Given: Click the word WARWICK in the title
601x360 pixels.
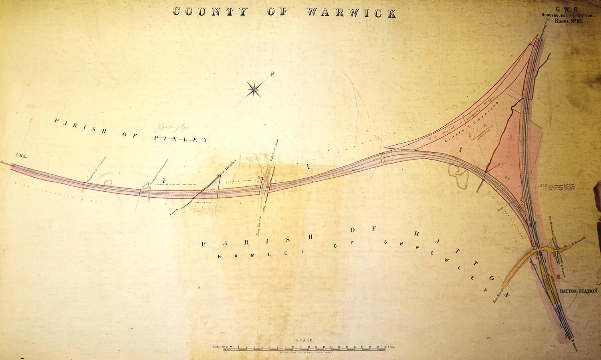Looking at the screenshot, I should tap(351, 12).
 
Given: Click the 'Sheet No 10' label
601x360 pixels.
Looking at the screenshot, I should tap(569, 21).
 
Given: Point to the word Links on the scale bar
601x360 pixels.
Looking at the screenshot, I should tap(219, 345).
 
